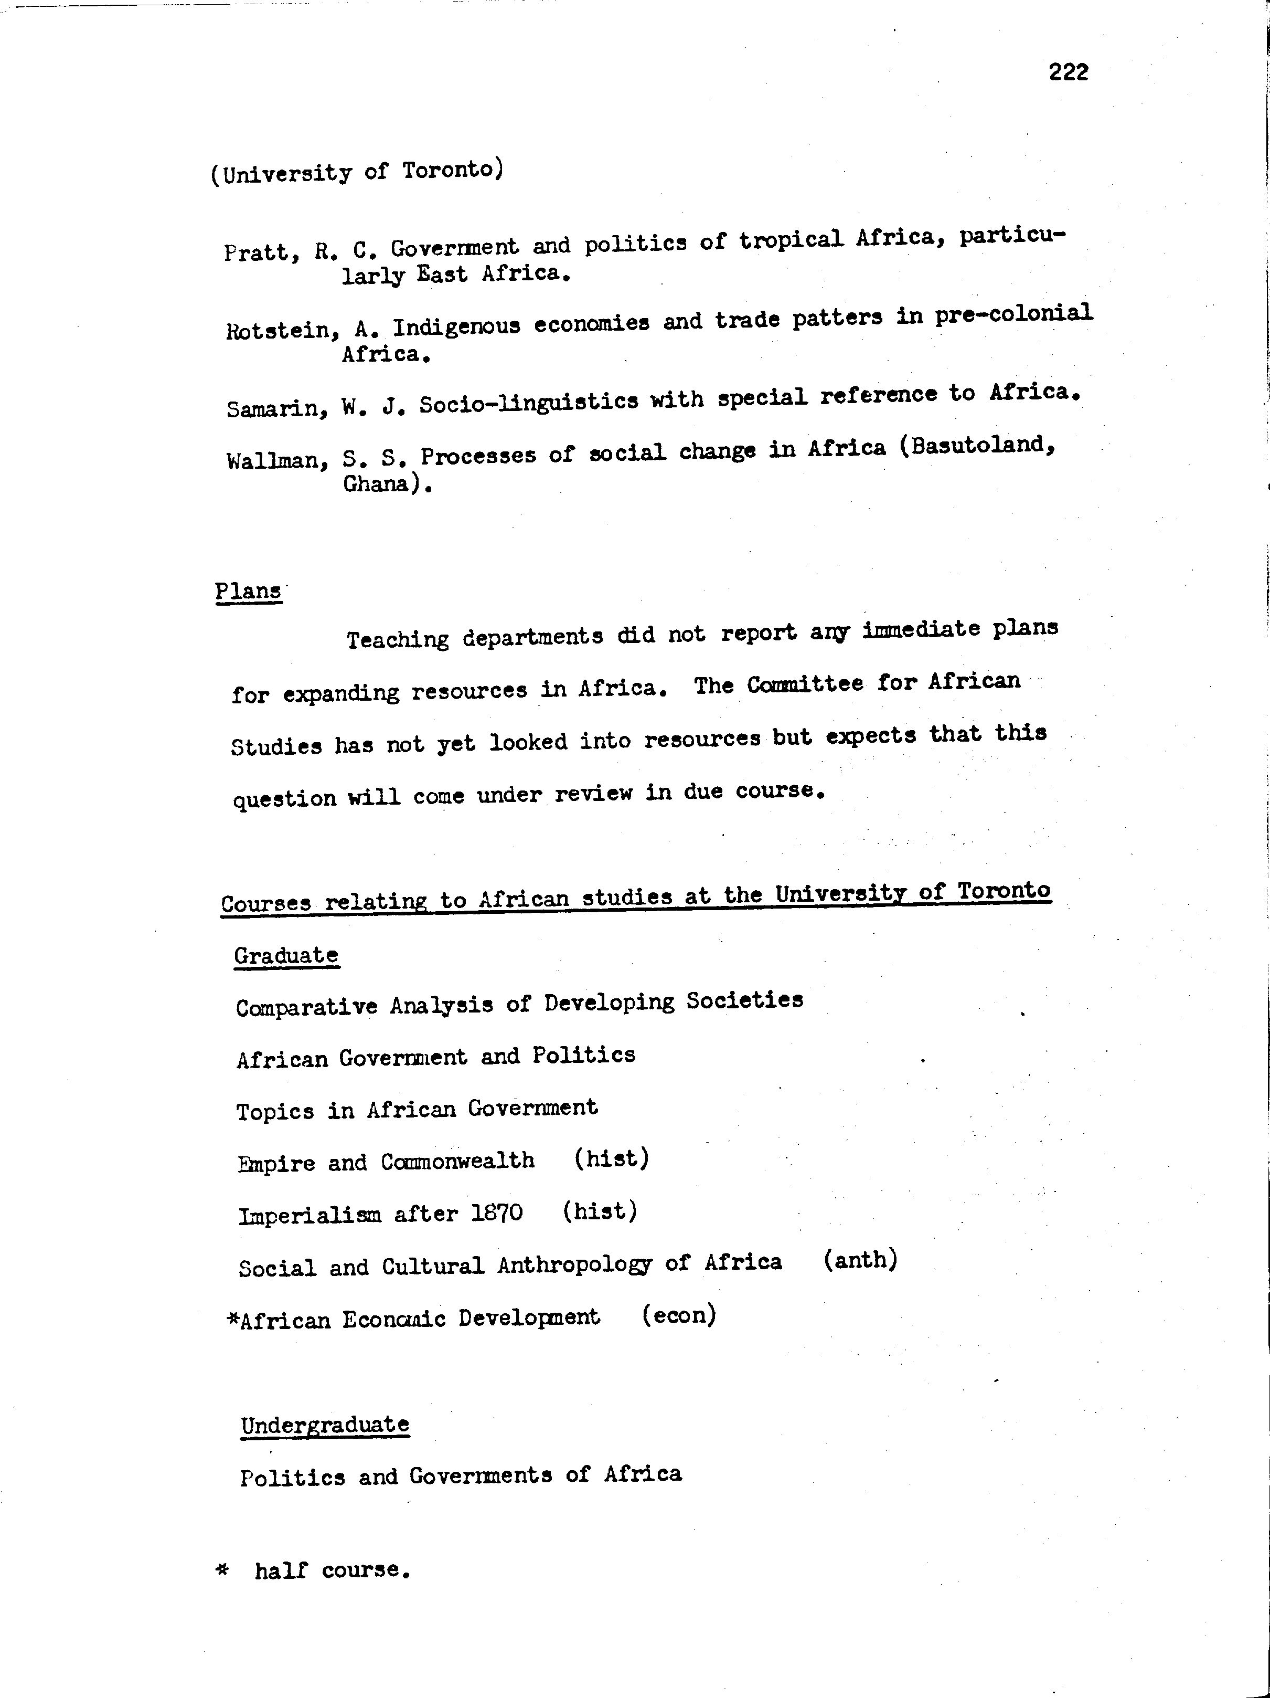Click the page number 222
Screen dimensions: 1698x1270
[1068, 72]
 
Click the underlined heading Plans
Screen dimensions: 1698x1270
[248, 592]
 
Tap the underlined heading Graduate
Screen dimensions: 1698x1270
[286, 956]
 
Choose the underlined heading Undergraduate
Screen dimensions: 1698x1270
[325, 1425]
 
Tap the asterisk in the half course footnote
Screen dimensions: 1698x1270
[222, 1570]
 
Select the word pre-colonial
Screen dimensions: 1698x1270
[1013, 315]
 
